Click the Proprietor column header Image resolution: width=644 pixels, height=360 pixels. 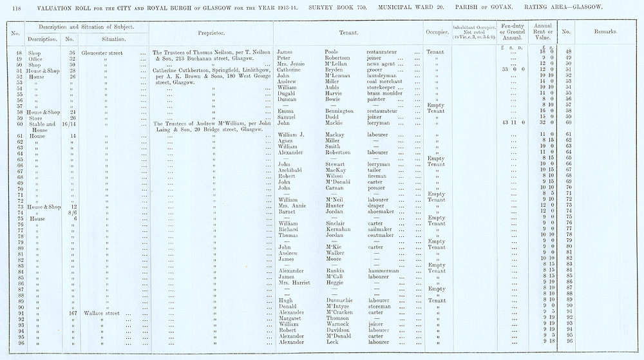pyautogui.click(x=211, y=31)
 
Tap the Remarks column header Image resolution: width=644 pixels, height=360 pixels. pyautogui.click(x=603, y=31)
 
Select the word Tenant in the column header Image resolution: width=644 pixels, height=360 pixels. pyautogui.click(x=348, y=31)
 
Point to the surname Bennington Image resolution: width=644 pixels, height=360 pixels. pyautogui.click(x=341, y=111)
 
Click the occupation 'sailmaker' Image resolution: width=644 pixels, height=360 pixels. pyautogui.click(x=381, y=229)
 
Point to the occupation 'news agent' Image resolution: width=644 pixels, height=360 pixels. pyautogui.click(x=382, y=63)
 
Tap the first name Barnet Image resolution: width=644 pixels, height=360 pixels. pyautogui.click(x=287, y=211)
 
